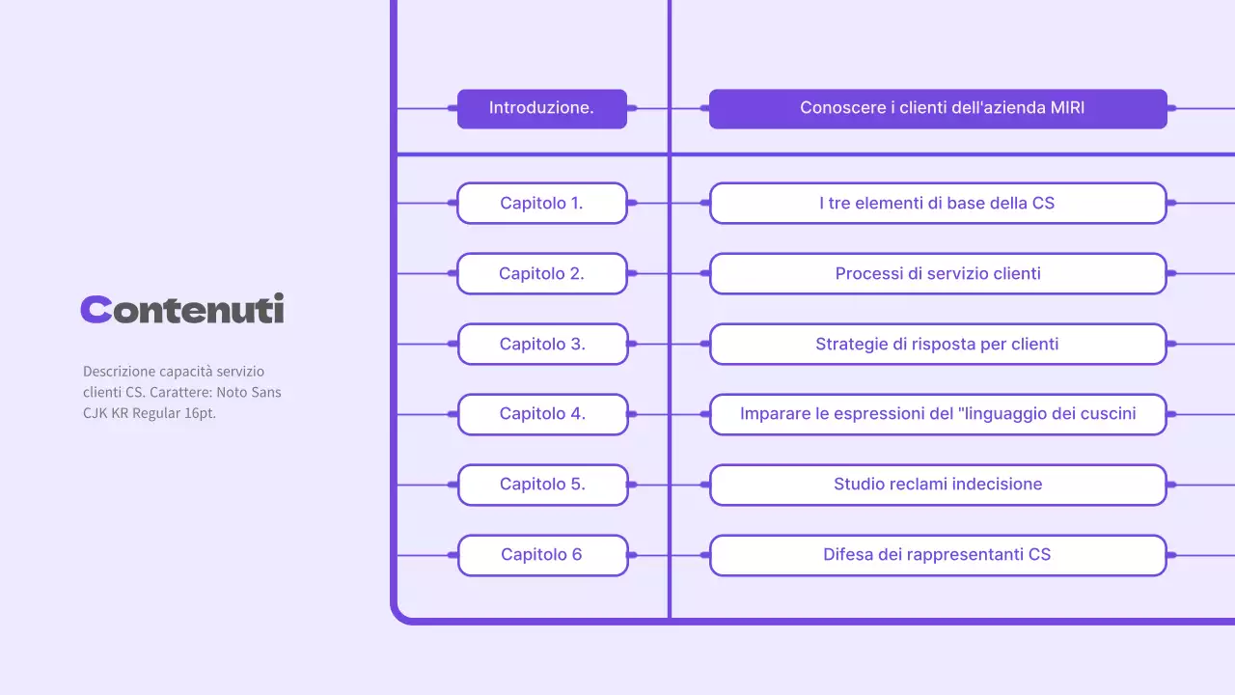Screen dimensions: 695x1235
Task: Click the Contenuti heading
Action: pyautogui.click(x=182, y=309)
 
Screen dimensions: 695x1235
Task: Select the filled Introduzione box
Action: pyautogui.click(x=541, y=108)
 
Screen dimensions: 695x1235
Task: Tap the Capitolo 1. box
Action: pyautogui.click(x=541, y=203)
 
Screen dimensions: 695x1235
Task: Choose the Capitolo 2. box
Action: pyautogui.click(x=541, y=273)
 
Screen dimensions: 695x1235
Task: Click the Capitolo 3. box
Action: pyautogui.click(x=541, y=344)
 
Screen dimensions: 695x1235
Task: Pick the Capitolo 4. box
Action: pyautogui.click(x=541, y=414)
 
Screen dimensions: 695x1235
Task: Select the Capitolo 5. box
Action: pyautogui.click(x=541, y=485)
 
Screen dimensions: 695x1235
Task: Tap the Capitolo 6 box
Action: pyautogui.click(x=541, y=555)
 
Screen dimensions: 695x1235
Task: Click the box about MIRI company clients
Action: pyautogui.click(x=938, y=108)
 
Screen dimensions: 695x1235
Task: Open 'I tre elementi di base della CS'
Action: pyautogui.click(x=938, y=203)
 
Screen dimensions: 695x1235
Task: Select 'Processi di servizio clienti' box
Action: pyautogui.click(x=938, y=273)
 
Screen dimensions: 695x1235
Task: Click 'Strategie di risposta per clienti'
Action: pyautogui.click(x=938, y=344)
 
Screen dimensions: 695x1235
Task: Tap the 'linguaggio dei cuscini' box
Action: pyautogui.click(x=938, y=414)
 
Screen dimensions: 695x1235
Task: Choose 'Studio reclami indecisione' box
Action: pyautogui.click(x=938, y=485)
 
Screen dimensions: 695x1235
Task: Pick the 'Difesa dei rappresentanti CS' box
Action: pyautogui.click(x=938, y=555)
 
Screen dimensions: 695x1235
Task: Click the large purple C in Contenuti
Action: pyautogui.click(x=96, y=309)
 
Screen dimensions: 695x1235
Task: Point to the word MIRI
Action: pyautogui.click(x=1067, y=108)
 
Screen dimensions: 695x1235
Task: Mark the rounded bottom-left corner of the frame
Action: pyautogui.click(x=398, y=614)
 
